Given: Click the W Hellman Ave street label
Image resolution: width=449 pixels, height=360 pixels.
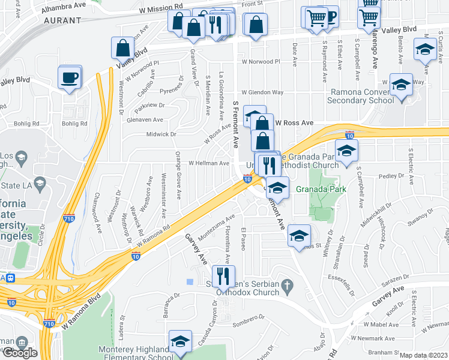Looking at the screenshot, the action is (209, 163).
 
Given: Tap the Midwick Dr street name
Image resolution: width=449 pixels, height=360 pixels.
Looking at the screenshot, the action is (161, 134).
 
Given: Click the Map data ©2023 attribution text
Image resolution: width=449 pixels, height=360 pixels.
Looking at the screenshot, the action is (424, 355).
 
